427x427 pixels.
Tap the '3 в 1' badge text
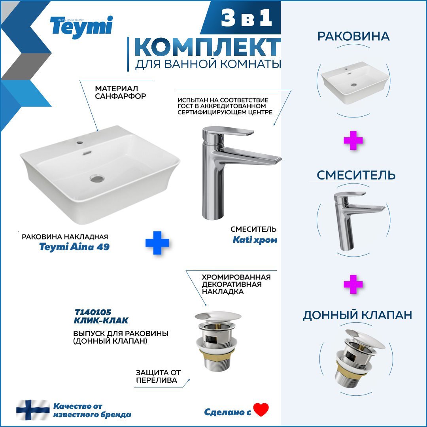pos(246,18)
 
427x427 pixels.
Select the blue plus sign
pos(157,243)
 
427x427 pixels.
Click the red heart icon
pos(261,410)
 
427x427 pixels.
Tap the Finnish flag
pos(33,410)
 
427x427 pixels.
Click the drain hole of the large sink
pos(97,178)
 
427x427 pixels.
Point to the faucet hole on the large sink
pos(80,142)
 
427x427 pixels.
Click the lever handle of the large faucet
pos(231,131)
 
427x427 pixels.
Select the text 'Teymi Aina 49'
pos(74,247)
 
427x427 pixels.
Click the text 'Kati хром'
pos(255,240)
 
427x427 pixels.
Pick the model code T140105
pos(93,312)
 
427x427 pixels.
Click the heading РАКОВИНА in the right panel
pos(353,36)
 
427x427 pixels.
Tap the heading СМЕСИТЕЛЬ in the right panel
pos(356,175)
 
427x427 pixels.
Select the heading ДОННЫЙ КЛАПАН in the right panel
pos(357,315)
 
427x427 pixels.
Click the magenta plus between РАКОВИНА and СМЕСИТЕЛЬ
pos(353,140)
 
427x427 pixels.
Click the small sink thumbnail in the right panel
pos(354,83)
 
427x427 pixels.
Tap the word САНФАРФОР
pos(120,96)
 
